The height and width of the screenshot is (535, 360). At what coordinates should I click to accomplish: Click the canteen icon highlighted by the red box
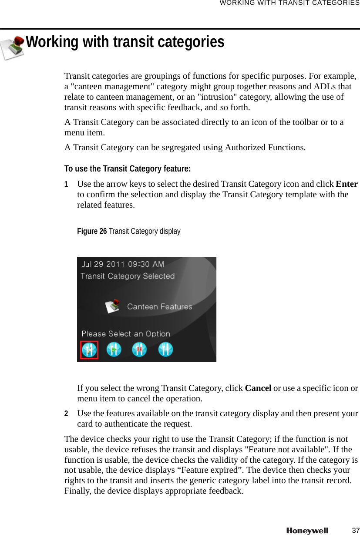89,350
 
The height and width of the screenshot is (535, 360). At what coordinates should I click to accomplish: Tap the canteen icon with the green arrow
114,350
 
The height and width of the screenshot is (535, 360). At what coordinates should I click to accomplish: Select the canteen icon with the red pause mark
139,350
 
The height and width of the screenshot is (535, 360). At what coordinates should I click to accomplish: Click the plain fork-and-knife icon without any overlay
165,349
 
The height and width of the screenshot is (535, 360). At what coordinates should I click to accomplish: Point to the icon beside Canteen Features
113,306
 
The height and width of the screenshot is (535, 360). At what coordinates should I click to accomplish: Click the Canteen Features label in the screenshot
159,306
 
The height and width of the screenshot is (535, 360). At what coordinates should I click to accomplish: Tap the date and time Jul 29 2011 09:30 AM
123,264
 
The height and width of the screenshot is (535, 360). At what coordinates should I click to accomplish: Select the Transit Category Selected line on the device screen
128,276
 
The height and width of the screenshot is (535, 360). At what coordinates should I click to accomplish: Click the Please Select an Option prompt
126,334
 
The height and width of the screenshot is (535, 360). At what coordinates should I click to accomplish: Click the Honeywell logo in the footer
307,531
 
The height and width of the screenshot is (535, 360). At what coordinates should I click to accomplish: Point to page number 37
356,530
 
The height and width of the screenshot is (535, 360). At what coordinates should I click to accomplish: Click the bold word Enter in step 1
347,184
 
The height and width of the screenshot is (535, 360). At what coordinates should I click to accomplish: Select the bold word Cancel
258,388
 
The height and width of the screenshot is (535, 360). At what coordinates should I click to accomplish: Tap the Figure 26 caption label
92,231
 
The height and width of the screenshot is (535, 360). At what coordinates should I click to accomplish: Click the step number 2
67,413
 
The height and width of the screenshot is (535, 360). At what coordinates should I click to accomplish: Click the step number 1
67,184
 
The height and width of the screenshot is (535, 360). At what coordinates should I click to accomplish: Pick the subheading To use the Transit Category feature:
128,168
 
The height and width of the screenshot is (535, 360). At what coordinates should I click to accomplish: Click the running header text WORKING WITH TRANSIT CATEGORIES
289,3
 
